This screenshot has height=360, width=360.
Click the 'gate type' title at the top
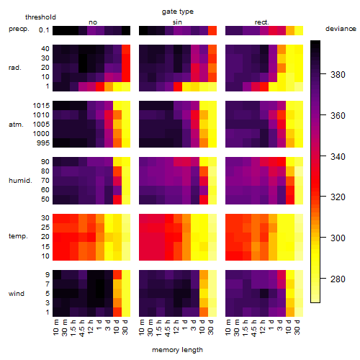pos(178,12)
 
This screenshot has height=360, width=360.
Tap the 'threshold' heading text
pos(40,17)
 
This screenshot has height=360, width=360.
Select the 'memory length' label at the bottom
pos(177,350)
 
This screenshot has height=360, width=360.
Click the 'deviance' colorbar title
pos(341,29)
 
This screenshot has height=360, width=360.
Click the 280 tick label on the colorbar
pos(338,279)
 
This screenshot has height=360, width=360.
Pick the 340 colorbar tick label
pos(338,156)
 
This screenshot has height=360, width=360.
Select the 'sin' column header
pos(177,22)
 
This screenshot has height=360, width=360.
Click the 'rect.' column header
pos(262,22)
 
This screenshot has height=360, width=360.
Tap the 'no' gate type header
pos(93,22)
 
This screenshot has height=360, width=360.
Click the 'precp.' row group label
pos(19,29)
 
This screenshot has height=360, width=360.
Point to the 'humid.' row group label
pos(20,180)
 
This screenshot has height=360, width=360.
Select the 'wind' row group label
pos(17,294)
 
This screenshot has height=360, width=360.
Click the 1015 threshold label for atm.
pos(41,105)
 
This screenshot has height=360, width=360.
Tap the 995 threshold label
pos(43,143)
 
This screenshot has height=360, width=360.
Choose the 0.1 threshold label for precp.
pos(44,30)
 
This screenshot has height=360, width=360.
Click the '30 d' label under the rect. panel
pos(297,327)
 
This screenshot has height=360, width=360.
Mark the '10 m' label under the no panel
pos(55,328)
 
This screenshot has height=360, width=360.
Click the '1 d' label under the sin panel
pos(185,325)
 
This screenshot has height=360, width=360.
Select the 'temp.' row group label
pos(18,236)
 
